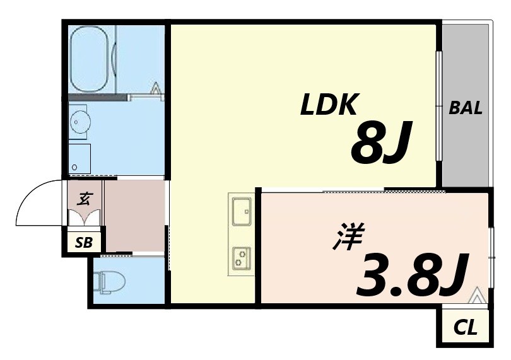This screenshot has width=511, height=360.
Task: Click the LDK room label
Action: pos(329,105)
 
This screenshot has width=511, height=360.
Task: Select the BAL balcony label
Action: pos(466,108)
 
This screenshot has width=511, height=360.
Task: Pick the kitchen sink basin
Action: pos(240,211)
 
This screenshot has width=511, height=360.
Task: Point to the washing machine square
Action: pos(80,158)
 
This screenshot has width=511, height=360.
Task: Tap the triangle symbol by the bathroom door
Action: pos(156,88)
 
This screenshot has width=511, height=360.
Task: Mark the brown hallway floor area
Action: pos(134,214)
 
